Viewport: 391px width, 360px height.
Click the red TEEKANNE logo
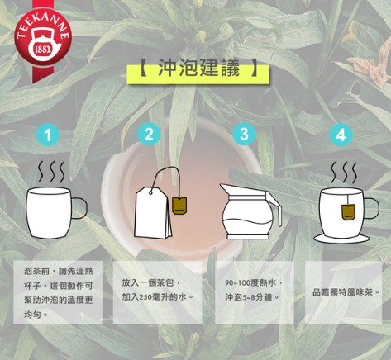[x=43, y=36]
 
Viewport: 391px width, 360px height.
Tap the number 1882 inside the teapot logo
[x=44, y=50]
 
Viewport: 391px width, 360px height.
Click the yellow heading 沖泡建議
[x=198, y=69]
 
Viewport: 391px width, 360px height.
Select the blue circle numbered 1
[x=48, y=135]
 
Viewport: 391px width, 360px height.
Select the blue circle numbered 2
[x=149, y=135]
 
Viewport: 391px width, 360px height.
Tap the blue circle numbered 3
[x=244, y=135]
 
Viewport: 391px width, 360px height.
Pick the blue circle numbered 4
[x=341, y=135]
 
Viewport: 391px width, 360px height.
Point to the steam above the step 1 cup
[x=51, y=172]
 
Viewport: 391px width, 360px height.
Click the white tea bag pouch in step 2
[x=152, y=213]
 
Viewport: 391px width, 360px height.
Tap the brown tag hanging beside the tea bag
[x=179, y=206]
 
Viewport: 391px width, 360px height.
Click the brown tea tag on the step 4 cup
[x=348, y=212]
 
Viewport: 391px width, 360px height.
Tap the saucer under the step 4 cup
[x=341, y=239]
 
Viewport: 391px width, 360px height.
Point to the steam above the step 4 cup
[x=344, y=173]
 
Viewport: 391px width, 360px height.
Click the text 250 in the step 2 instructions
[x=145, y=297]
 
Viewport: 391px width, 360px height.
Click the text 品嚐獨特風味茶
[x=342, y=292]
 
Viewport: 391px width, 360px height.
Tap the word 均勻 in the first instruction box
[x=32, y=314]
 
